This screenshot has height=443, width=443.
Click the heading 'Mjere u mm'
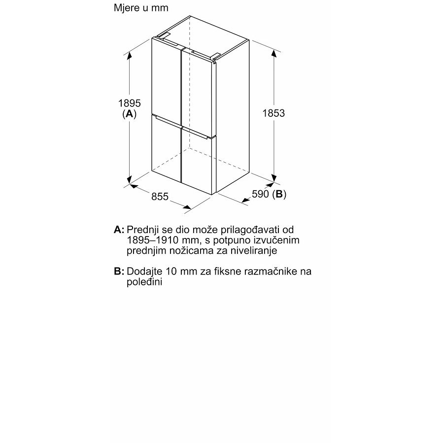(x=141, y=8)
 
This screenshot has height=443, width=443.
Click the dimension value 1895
(x=130, y=103)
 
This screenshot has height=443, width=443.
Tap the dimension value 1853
(x=273, y=113)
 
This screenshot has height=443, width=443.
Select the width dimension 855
(x=160, y=197)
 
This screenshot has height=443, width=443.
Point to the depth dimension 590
(x=260, y=194)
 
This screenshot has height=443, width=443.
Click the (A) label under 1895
(x=129, y=114)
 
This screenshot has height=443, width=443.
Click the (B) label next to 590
(x=279, y=194)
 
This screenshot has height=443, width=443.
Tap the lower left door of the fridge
(x=167, y=150)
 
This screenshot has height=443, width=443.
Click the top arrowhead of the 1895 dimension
(x=130, y=54)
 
